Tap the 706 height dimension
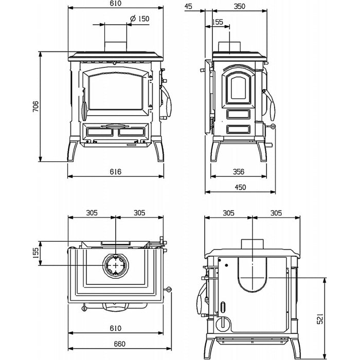pos(35,106)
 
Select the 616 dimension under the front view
pos(115,172)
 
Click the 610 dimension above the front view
pos(115,4)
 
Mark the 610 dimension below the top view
pos(115,328)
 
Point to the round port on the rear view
pos(223,324)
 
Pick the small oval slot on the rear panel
pos(223,308)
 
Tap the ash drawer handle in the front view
pos(115,125)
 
